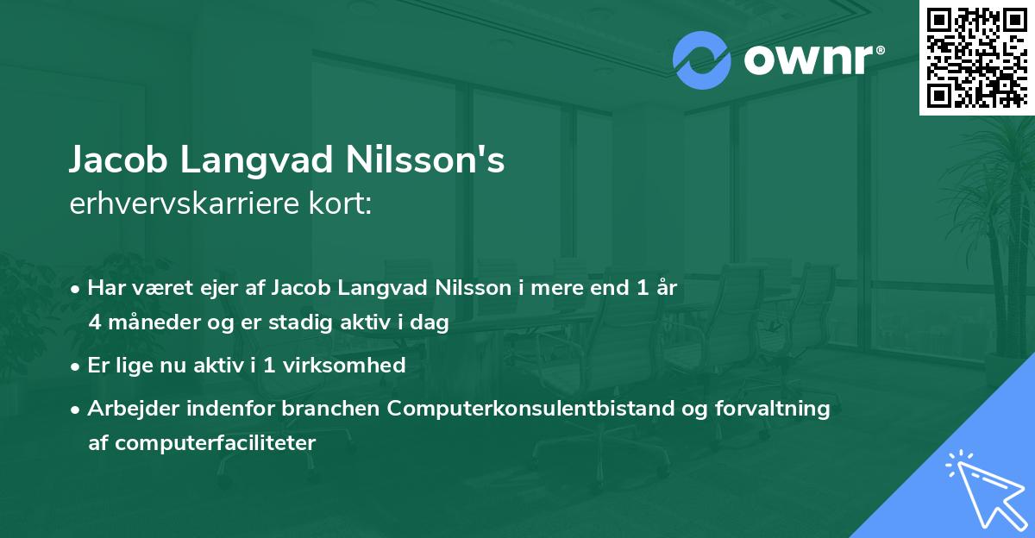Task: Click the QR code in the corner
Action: tap(976, 58)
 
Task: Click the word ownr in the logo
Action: tap(806, 61)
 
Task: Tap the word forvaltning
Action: tap(778, 409)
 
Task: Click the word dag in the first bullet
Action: tap(433, 324)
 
